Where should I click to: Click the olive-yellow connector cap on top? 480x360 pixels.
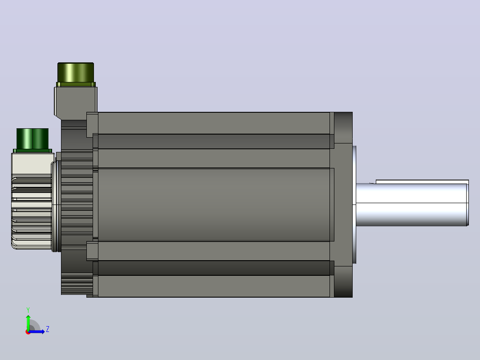point(76,72)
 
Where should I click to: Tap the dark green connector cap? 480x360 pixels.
point(33,139)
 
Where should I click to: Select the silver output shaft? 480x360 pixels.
point(412,205)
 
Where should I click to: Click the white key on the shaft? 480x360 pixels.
point(422,182)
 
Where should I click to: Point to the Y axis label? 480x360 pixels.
point(28,310)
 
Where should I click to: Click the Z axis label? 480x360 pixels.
point(48,329)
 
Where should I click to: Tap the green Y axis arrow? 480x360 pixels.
point(28,322)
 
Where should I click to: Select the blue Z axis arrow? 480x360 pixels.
point(37,331)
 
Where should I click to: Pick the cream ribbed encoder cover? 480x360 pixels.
point(32,201)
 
